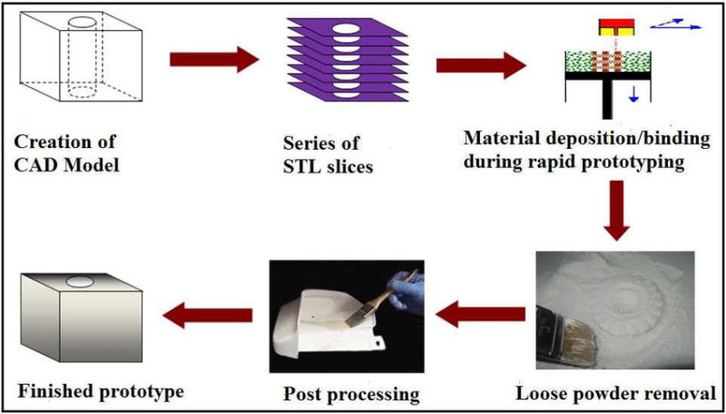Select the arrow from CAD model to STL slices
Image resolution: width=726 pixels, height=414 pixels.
coord(214,61)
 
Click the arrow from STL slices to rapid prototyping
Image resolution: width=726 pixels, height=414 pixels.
coord(481,65)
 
